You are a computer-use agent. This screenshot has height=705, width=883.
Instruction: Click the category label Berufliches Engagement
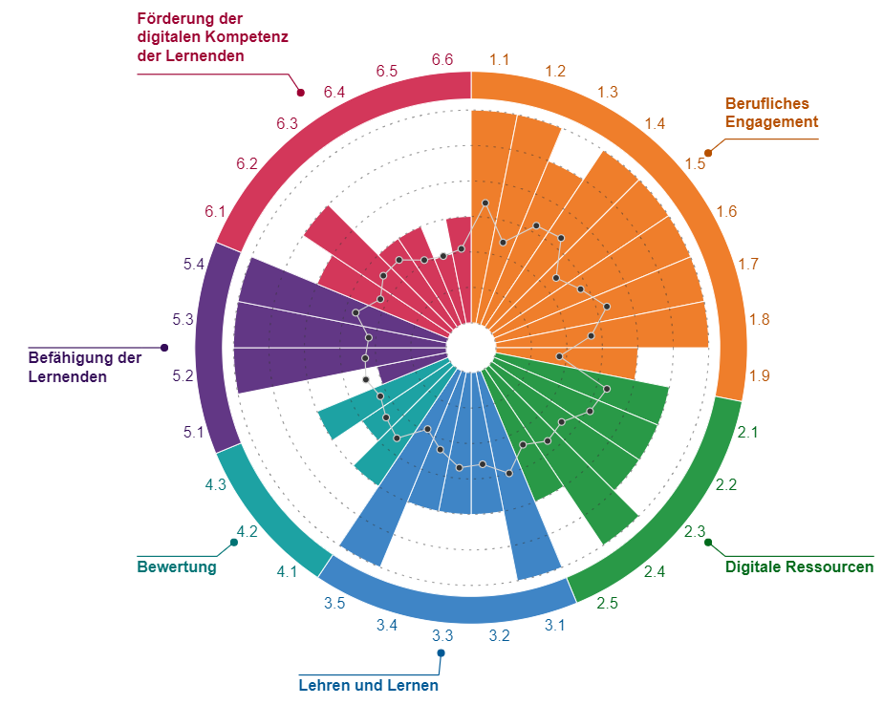[771, 113]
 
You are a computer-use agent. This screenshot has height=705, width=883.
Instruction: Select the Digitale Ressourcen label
[799, 567]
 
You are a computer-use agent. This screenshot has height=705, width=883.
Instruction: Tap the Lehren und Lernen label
[369, 686]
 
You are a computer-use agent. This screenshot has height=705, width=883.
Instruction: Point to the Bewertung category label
[177, 567]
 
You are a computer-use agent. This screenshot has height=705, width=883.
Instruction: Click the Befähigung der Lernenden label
[85, 368]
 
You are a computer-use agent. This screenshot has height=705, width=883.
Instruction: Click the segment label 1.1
[499, 59]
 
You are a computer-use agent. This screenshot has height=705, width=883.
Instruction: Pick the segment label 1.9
[760, 376]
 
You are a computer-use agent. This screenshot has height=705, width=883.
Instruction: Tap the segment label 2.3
[695, 532]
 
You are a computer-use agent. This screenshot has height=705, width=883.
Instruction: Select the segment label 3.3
[441, 635]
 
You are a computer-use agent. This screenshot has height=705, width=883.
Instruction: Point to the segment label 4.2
[247, 532]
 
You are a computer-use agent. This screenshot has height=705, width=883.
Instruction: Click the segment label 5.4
[194, 265]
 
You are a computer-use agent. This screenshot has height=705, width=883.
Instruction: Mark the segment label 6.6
[442, 59]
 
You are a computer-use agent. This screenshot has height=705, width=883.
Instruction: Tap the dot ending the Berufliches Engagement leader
[708, 152]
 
